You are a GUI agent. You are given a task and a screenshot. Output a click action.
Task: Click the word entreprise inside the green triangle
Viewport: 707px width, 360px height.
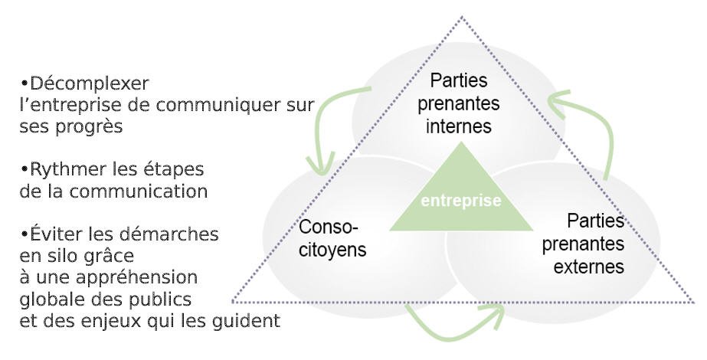[x=460, y=201]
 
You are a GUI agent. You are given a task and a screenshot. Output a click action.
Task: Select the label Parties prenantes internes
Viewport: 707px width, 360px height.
[x=460, y=103]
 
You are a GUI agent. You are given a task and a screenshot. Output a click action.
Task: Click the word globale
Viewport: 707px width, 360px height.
[x=50, y=298]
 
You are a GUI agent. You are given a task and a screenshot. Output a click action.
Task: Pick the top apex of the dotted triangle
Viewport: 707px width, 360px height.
[x=462, y=17]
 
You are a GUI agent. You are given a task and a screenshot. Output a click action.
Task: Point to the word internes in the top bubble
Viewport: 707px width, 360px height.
[x=460, y=126]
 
